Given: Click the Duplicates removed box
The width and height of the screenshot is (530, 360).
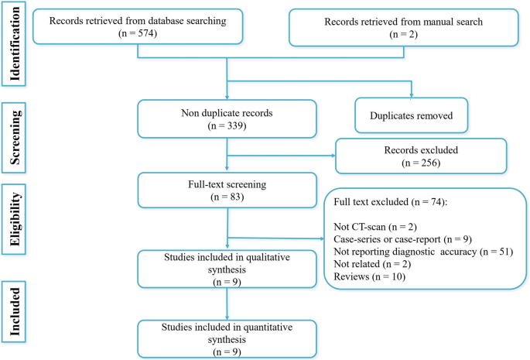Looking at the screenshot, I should coord(411,117).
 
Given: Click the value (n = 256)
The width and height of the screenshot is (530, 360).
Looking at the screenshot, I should coord(420,165).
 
